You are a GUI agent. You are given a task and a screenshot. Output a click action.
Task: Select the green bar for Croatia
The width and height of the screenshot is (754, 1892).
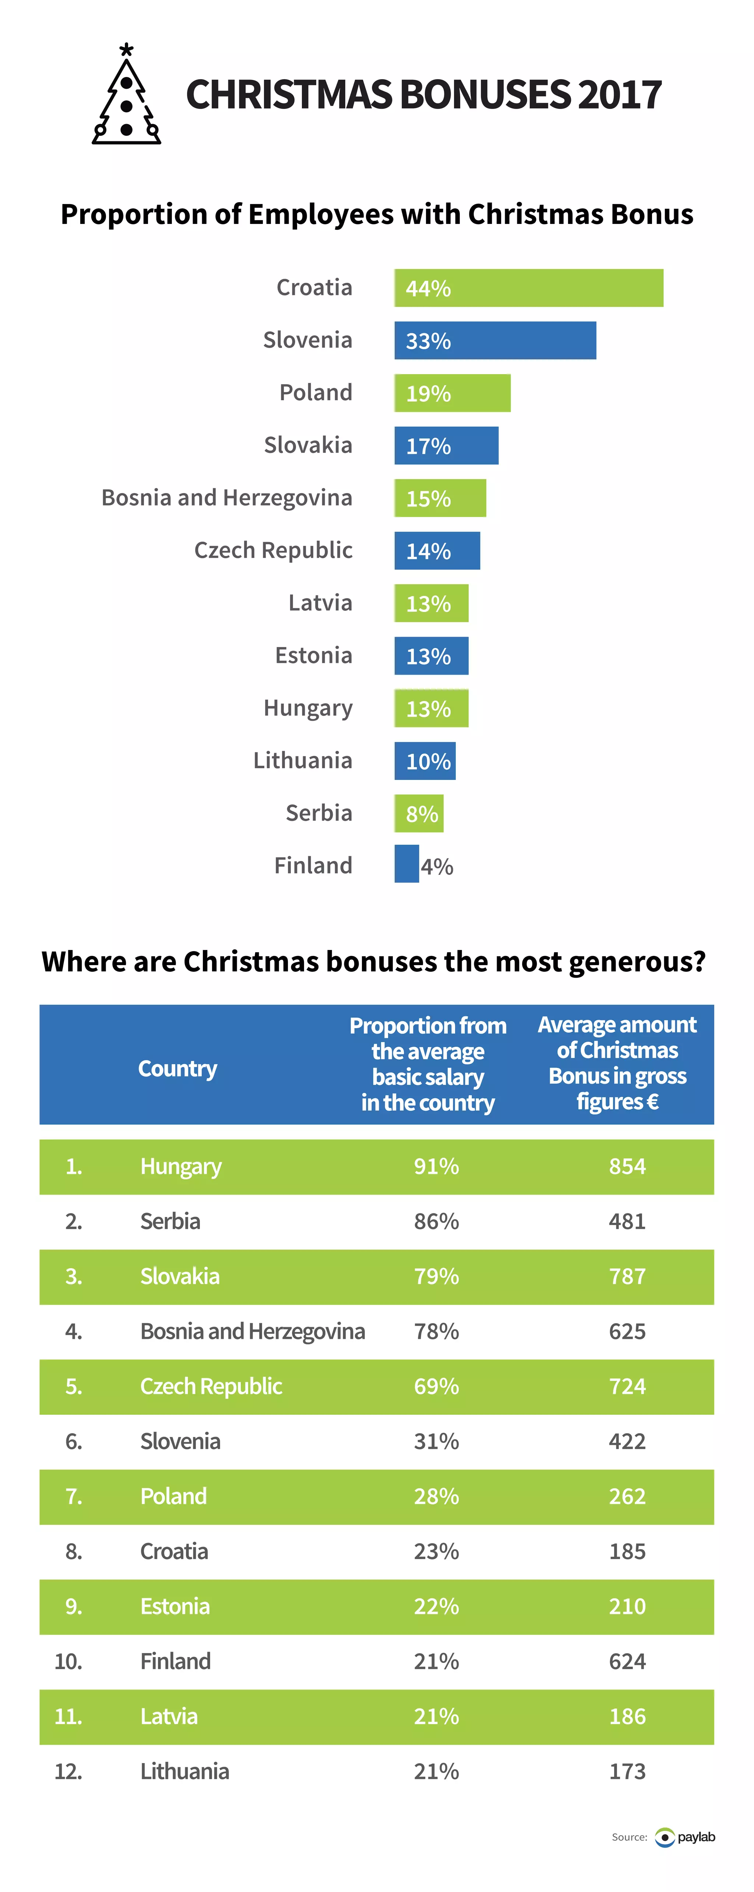click(529, 288)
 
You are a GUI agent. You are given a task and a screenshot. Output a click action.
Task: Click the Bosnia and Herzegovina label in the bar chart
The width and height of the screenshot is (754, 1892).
click(227, 498)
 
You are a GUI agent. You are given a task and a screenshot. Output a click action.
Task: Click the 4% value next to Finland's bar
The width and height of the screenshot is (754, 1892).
click(437, 867)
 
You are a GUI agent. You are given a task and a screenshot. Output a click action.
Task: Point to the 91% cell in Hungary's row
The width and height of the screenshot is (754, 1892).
click(436, 1166)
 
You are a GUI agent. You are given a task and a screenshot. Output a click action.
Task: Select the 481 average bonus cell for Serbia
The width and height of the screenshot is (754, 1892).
click(627, 1221)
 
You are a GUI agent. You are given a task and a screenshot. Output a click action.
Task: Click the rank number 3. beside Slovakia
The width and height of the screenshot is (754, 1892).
click(73, 1277)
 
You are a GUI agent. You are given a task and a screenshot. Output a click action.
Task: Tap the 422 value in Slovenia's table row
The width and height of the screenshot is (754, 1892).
click(627, 1442)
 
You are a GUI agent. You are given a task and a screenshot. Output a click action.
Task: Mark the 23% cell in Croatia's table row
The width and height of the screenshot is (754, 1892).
click(436, 1552)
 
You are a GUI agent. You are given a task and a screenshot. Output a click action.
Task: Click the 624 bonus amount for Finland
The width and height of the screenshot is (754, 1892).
click(627, 1661)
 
